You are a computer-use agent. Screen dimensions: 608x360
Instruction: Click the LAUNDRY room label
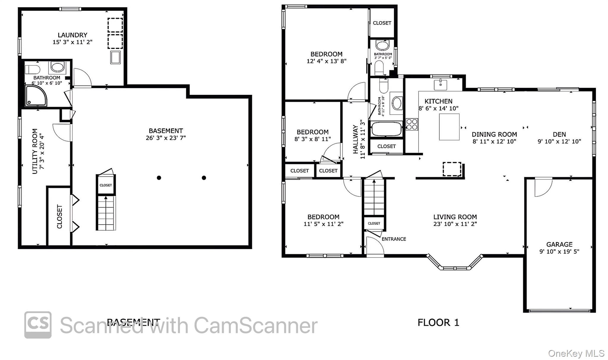72,35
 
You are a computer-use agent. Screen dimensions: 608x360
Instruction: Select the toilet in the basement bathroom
32,70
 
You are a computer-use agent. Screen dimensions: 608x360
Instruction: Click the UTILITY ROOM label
35,151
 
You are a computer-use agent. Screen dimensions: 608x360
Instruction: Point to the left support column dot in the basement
159,178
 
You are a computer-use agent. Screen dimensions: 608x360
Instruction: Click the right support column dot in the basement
204,178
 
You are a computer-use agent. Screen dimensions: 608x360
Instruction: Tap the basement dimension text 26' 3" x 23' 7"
166,138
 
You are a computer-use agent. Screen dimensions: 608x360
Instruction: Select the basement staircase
106,213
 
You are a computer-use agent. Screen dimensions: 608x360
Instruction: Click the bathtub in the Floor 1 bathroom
387,129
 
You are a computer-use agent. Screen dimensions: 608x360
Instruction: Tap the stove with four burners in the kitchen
412,124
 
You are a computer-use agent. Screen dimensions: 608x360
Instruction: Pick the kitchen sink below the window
441,85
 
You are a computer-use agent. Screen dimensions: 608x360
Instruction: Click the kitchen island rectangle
449,127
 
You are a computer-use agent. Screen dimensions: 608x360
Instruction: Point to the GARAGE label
559,244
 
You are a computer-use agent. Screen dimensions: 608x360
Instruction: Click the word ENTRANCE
394,239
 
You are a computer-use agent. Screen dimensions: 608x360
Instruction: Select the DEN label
559,134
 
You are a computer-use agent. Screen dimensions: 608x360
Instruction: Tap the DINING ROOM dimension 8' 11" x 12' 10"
494,141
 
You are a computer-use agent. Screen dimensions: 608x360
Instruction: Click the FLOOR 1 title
438,322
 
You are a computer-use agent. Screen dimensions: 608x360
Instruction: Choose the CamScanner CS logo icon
38,325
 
